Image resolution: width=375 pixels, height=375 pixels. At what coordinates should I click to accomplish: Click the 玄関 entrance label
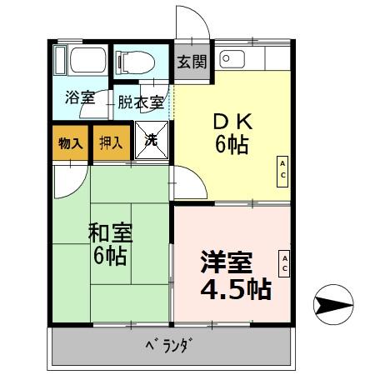point(192,62)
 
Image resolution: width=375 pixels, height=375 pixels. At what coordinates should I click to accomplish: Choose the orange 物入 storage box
point(70,142)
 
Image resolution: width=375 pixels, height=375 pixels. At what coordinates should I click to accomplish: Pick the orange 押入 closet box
point(111,142)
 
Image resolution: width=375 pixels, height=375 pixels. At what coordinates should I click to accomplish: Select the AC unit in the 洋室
point(283,263)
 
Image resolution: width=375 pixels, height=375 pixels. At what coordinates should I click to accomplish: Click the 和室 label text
point(109,232)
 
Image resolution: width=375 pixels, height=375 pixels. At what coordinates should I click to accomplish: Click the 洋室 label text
point(227,262)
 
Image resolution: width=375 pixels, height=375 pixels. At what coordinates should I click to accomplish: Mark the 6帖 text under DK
point(232,144)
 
